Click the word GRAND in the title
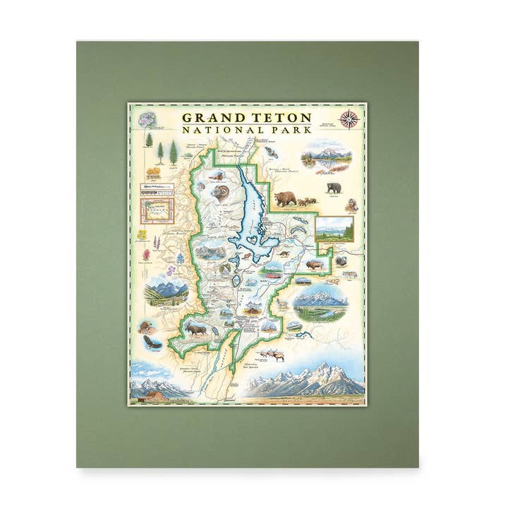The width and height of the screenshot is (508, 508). [210, 117]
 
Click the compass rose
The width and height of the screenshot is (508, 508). [349, 119]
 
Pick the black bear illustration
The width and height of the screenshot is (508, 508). [334, 188]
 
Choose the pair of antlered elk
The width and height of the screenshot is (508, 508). [269, 354]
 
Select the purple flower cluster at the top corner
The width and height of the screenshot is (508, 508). [148, 119]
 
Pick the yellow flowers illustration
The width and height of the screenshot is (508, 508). [142, 235]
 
